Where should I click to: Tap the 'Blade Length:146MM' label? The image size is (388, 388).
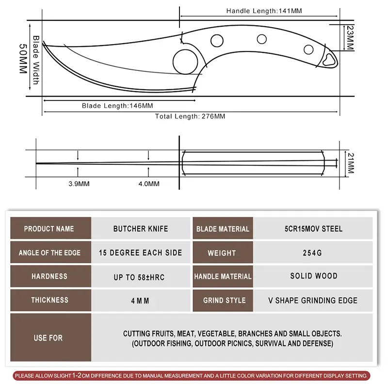pos(117,105)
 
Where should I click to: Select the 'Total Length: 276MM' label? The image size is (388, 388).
pos(190,116)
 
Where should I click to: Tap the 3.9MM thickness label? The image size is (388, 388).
pos(79,184)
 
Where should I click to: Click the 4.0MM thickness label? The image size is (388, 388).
pos(149,184)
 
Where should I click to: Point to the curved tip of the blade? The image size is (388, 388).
pos(45,45)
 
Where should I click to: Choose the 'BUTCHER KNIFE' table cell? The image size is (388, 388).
pos(141,228)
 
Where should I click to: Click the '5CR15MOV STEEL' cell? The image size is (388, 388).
pos(313,228)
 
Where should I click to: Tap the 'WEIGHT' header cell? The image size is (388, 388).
pos(222,253)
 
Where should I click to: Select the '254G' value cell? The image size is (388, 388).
pos(313,253)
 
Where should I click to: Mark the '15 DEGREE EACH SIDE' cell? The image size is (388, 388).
pos(141,253)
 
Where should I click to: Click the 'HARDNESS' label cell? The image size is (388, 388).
pos(49,276)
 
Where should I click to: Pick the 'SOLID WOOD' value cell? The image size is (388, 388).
pos(313,276)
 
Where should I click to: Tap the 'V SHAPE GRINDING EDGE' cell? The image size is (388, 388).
pos(313,300)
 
